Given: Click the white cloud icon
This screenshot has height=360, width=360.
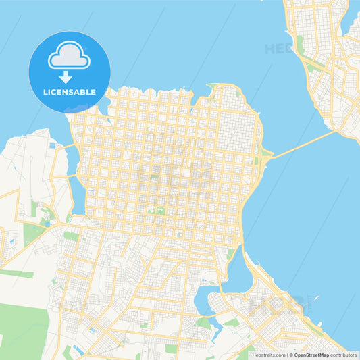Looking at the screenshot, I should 69,55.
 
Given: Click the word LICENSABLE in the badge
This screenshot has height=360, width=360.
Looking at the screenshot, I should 69,92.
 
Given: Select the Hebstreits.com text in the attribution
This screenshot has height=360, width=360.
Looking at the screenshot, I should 267,355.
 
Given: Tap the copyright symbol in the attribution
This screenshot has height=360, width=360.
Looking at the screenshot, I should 290,355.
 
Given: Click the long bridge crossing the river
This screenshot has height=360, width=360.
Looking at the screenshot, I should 304,143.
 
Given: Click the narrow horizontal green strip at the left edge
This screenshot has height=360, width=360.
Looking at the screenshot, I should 17,274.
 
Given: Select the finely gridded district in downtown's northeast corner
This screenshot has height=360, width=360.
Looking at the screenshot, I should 233,132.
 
